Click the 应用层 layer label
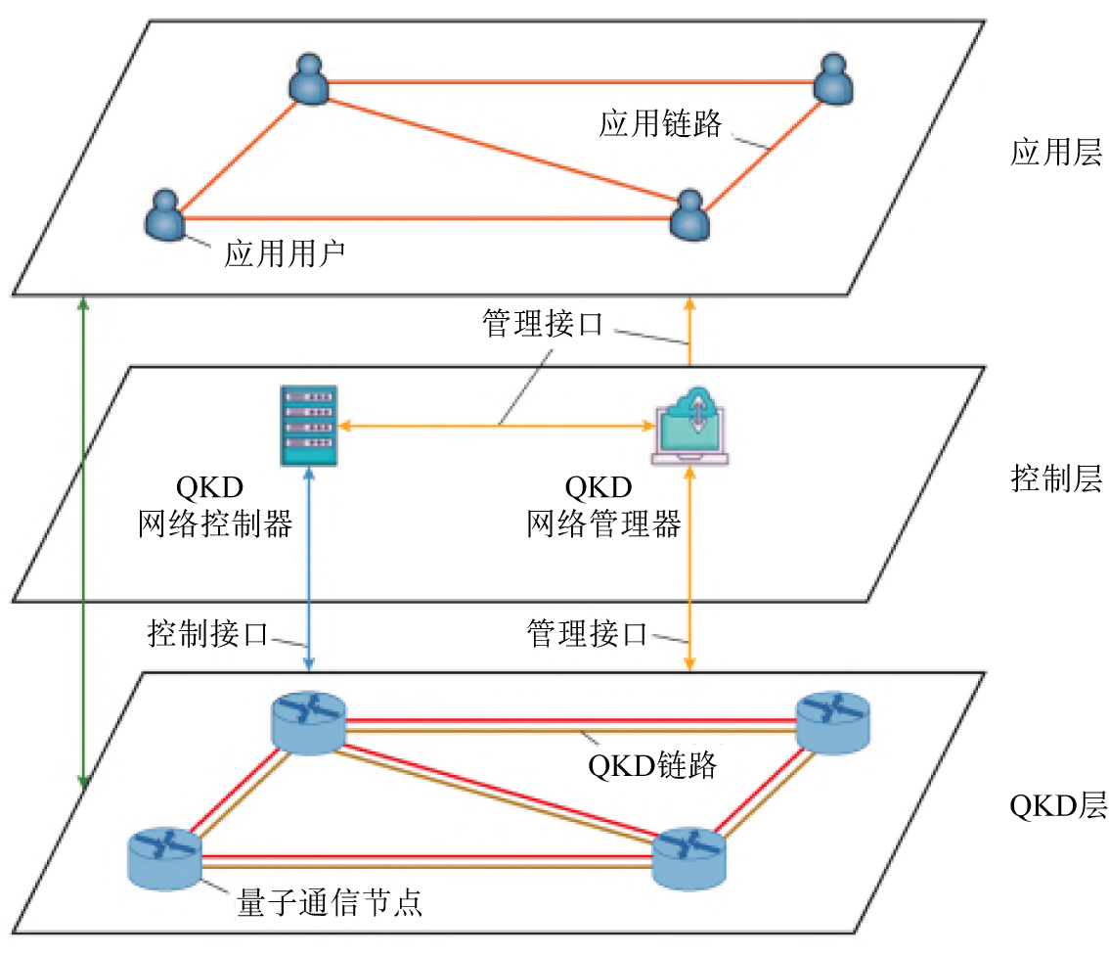coord(1055,154)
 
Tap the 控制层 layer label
coord(1055,479)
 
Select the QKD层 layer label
coord(1055,805)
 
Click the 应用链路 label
coord(660,123)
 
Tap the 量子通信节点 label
coord(330,900)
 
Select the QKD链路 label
coord(652,764)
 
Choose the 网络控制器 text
coord(215,524)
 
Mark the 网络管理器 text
coord(603,524)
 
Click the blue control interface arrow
coord(309,568)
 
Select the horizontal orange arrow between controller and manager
coord(496,426)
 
